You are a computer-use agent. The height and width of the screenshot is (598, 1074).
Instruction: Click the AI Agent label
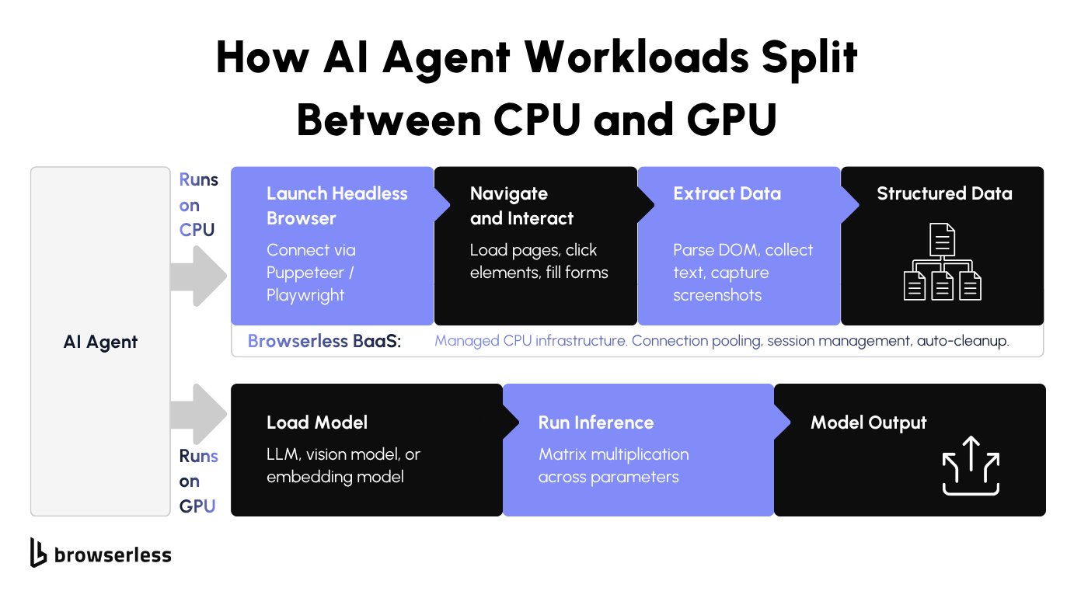pos(100,342)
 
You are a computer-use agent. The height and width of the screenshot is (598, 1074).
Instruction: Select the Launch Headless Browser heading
pos(336,206)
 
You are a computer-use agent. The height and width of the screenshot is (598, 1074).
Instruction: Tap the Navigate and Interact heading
pos(521,206)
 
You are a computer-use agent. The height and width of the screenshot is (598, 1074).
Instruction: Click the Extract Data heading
pos(727,193)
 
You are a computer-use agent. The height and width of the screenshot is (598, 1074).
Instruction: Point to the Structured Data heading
pos(944,193)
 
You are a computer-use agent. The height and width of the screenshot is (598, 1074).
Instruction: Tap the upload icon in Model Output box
pos(971,466)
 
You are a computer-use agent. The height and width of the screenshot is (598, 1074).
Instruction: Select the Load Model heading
pos(317,422)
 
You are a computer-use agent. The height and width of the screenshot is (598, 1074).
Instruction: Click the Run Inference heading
pos(596,422)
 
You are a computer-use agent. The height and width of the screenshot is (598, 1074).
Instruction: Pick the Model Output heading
pos(868,422)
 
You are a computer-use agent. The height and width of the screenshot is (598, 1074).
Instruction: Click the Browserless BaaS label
pos(324,341)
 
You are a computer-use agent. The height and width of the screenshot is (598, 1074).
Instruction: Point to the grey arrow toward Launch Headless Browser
pos(198,276)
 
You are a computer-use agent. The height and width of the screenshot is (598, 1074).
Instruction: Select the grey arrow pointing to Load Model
pos(198,415)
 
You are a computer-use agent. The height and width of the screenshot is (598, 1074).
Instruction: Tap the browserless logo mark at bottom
pos(38,552)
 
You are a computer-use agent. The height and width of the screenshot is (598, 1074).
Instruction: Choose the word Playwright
pos(305,295)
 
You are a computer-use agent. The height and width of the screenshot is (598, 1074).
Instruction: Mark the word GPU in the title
pos(727,120)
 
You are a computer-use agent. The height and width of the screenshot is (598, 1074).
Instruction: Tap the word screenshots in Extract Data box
pos(717,295)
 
